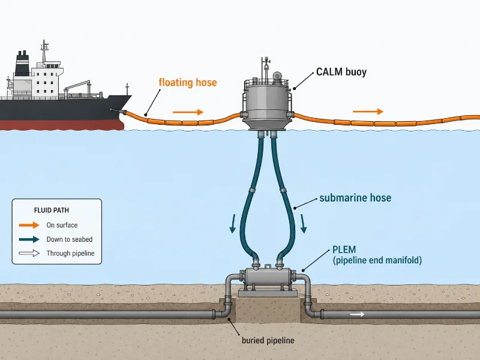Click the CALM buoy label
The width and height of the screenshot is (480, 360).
click(x=341, y=72)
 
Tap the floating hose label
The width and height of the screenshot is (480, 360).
click(x=188, y=82)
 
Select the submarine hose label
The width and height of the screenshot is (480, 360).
click(x=355, y=198)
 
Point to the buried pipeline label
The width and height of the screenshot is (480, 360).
click(x=268, y=340)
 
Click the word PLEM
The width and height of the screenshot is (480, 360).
click(x=344, y=250)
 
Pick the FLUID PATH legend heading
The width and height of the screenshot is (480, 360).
click(x=52, y=211)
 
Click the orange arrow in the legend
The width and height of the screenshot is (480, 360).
click(x=29, y=225)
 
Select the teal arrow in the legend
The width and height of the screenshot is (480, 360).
click(x=29, y=239)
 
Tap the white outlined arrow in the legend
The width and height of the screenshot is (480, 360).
click(x=29, y=253)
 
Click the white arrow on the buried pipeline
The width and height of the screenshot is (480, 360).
click(x=357, y=314)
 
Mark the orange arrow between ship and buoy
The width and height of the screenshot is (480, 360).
click(x=188, y=112)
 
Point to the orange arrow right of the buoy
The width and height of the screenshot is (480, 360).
click(x=368, y=112)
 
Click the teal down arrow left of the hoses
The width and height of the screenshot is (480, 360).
click(x=233, y=223)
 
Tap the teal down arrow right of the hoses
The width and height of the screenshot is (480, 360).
click(x=303, y=223)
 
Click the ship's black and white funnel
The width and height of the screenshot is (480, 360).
click(x=22, y=63)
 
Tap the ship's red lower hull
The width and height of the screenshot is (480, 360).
click(x=61, y=125)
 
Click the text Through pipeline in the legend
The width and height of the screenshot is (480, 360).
click(x=70, y=253)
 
